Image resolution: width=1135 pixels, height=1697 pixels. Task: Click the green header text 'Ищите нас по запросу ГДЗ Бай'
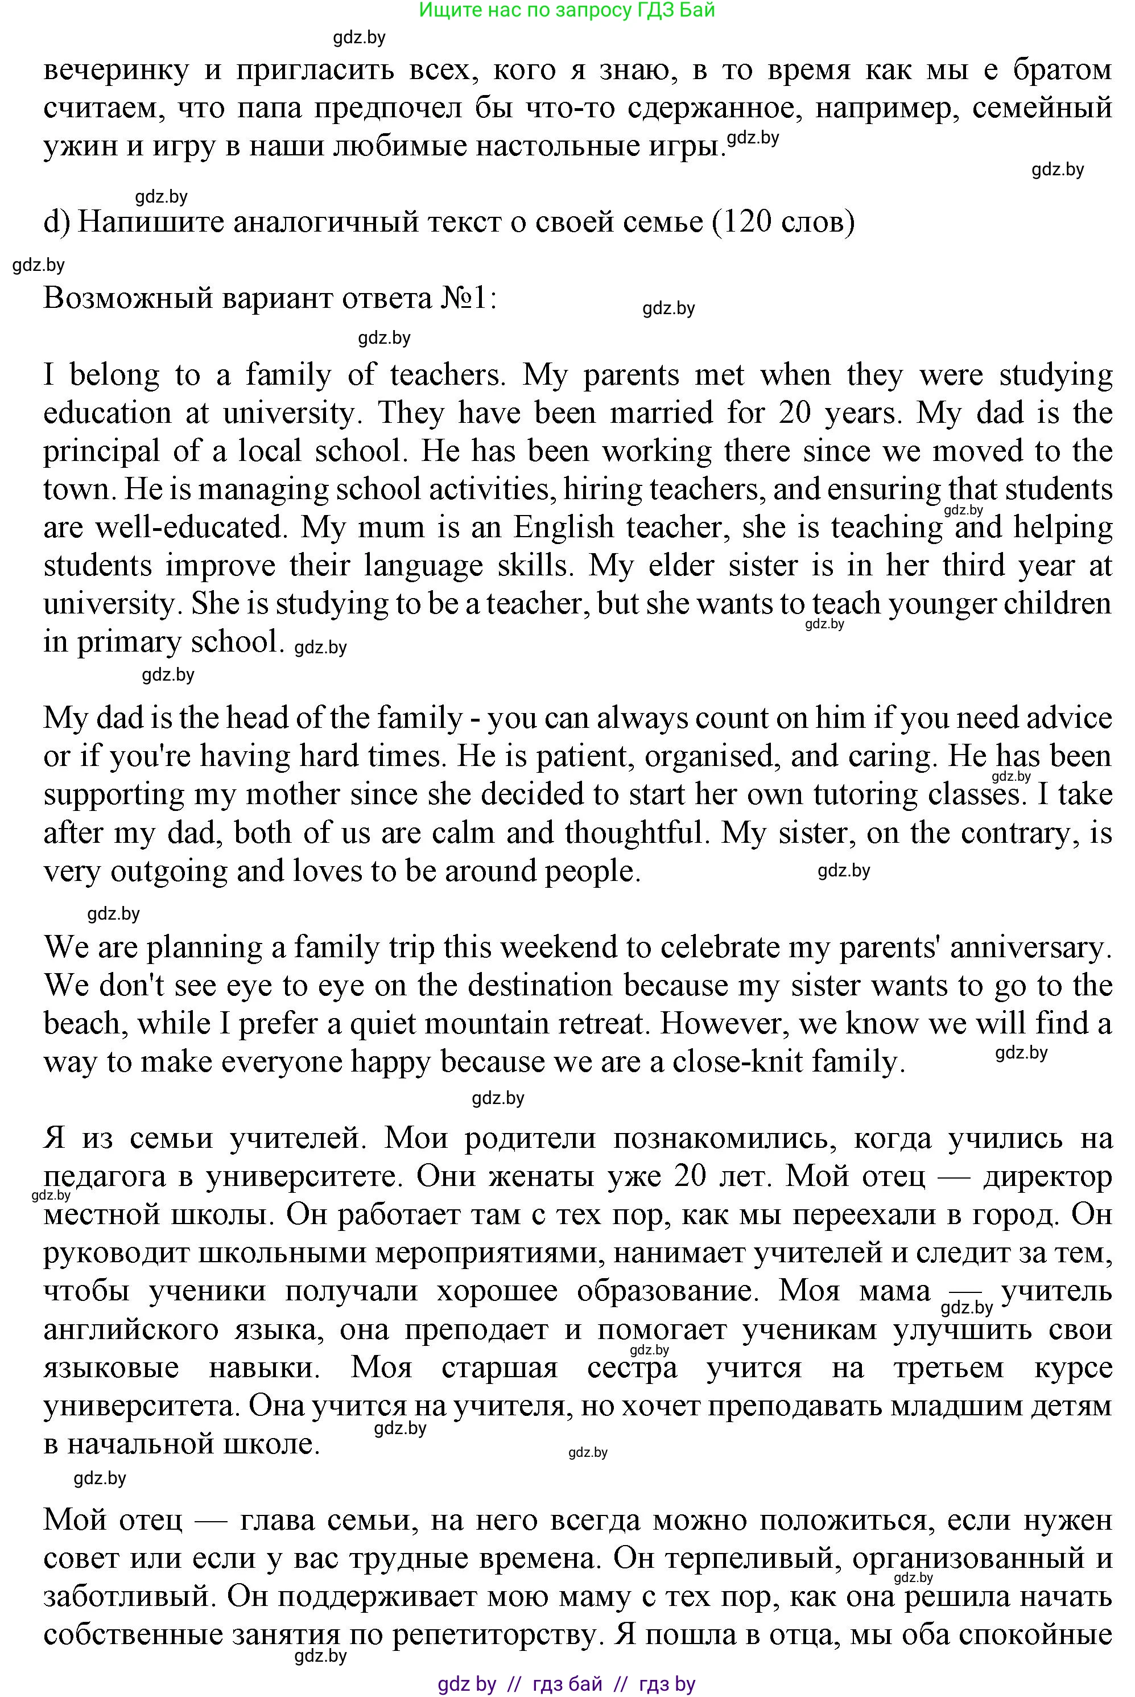click(567, 10)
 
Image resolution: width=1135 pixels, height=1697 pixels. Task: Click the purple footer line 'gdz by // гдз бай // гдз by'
click(567, 1684)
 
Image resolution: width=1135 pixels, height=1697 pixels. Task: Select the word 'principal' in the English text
click(101, 452)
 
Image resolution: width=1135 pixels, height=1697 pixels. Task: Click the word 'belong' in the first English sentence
click(114, 375)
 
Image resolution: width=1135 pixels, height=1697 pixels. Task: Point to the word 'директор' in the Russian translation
click(1047, 1176)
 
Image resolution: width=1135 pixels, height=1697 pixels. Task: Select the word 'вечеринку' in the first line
click(116, 70)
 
